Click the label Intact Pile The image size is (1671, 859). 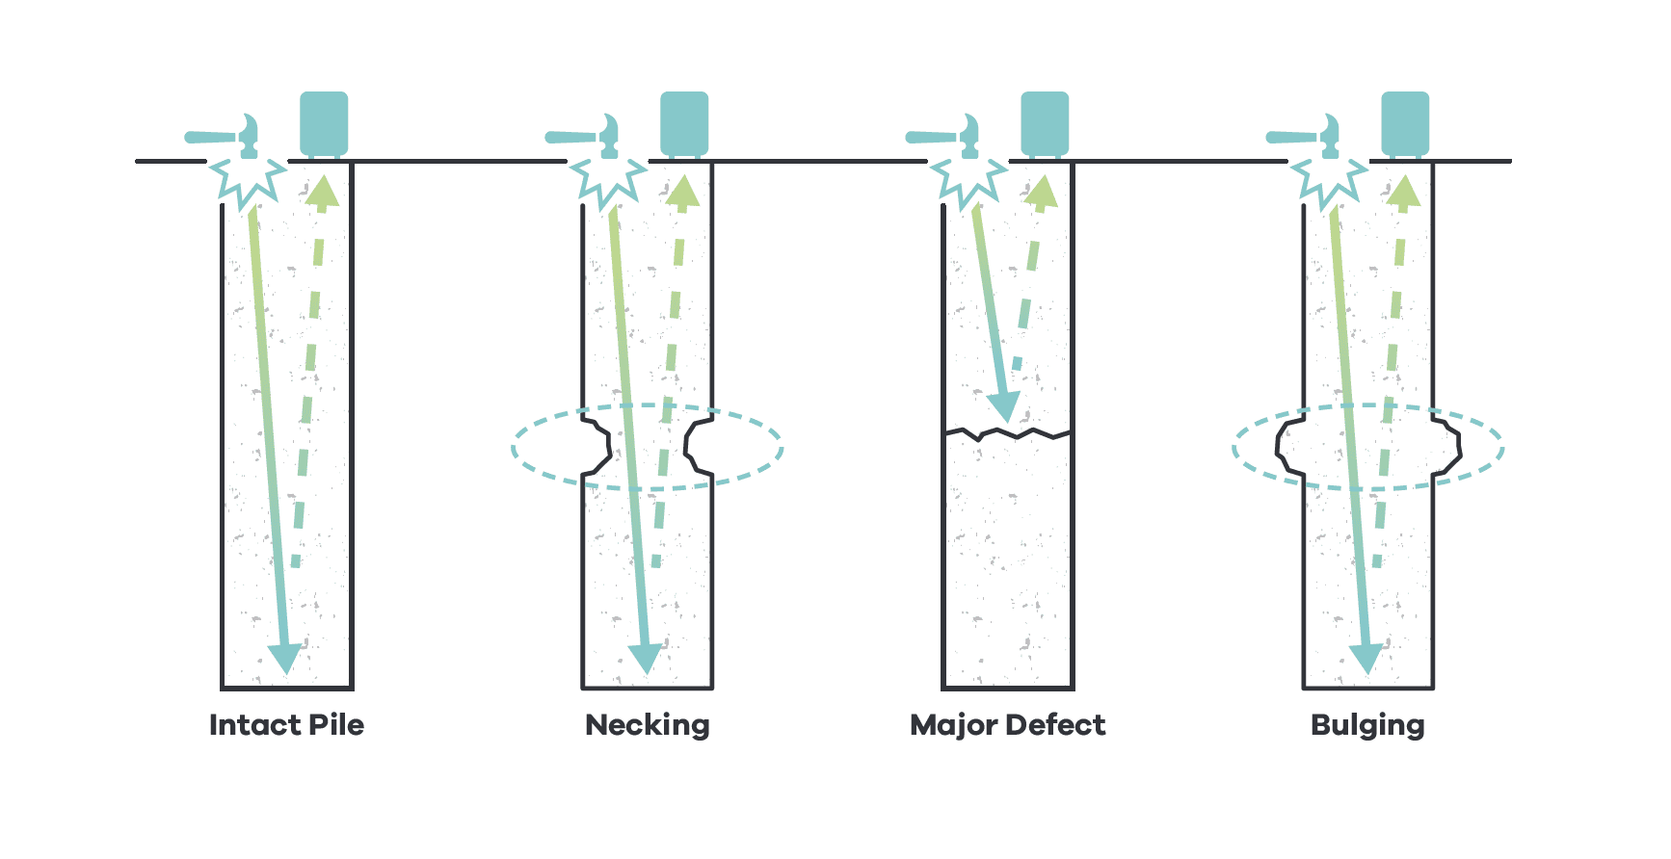coord(286,725)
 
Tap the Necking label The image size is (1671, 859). coord(647,725)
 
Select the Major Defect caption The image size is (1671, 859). coord(1007,725)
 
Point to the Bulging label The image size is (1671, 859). coord(1367,725)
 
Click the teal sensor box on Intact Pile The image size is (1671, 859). coord(324,123)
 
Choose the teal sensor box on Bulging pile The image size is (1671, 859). coord(1405,123)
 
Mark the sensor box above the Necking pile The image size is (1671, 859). coord(684,123)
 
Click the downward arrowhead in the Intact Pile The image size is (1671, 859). coord(285,659)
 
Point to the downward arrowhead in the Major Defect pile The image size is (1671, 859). coord(1003,407)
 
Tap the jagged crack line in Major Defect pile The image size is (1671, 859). coord(1007,434)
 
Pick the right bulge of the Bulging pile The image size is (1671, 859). coord(1448,445)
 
